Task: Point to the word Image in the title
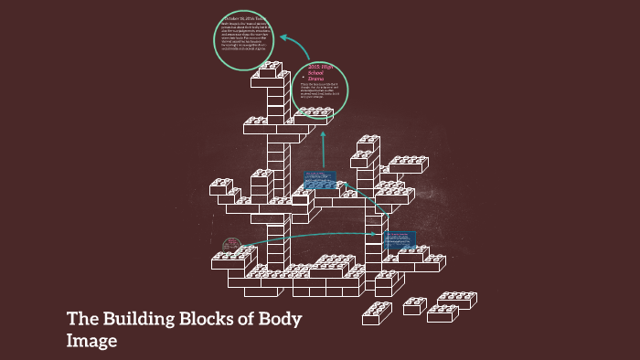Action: [92, 342]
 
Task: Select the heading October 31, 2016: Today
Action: [244, 18]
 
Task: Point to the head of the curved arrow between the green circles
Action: [284, 38]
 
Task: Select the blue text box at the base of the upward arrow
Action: [320, 180]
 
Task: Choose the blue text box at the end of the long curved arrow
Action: [400, 240]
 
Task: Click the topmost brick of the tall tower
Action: [270, 69]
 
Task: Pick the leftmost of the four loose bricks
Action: [377, 313]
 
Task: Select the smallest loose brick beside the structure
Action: [415, 305]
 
